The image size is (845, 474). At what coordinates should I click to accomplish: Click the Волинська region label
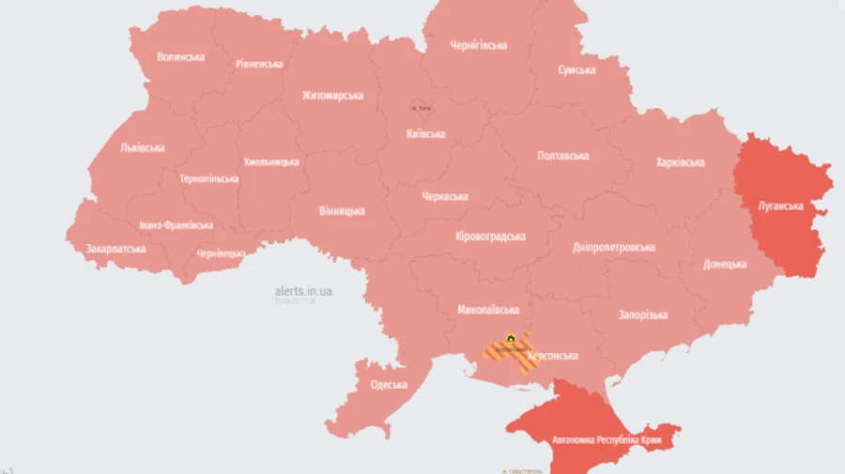pos(180,57)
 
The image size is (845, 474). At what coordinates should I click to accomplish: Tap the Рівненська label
pos(259,64)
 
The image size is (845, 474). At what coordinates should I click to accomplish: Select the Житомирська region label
pos(332,95)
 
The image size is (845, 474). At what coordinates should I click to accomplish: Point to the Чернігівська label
pos(478,45)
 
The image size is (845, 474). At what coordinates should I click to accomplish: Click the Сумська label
pos(576,70)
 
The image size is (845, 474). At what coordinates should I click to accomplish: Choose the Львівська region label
pos(143,147)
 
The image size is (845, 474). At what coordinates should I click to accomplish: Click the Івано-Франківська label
pos(176,225)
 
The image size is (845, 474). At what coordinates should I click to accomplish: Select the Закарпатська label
pos(115,250)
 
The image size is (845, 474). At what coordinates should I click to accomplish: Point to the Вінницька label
pos(341,210)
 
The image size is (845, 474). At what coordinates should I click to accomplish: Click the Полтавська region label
pos(563,156)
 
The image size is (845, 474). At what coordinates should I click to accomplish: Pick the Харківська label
pos(680,162)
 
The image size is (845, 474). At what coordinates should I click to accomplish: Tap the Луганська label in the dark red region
pos(780,205)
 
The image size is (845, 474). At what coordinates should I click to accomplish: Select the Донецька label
pos(725,264)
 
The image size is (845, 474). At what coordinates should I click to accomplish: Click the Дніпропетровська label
pos(613,247)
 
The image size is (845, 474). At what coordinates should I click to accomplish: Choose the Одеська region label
pos(389,385)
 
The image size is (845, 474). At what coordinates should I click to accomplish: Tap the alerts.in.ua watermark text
pos(302,291)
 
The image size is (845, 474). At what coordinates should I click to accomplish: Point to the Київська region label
pos(425,133)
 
